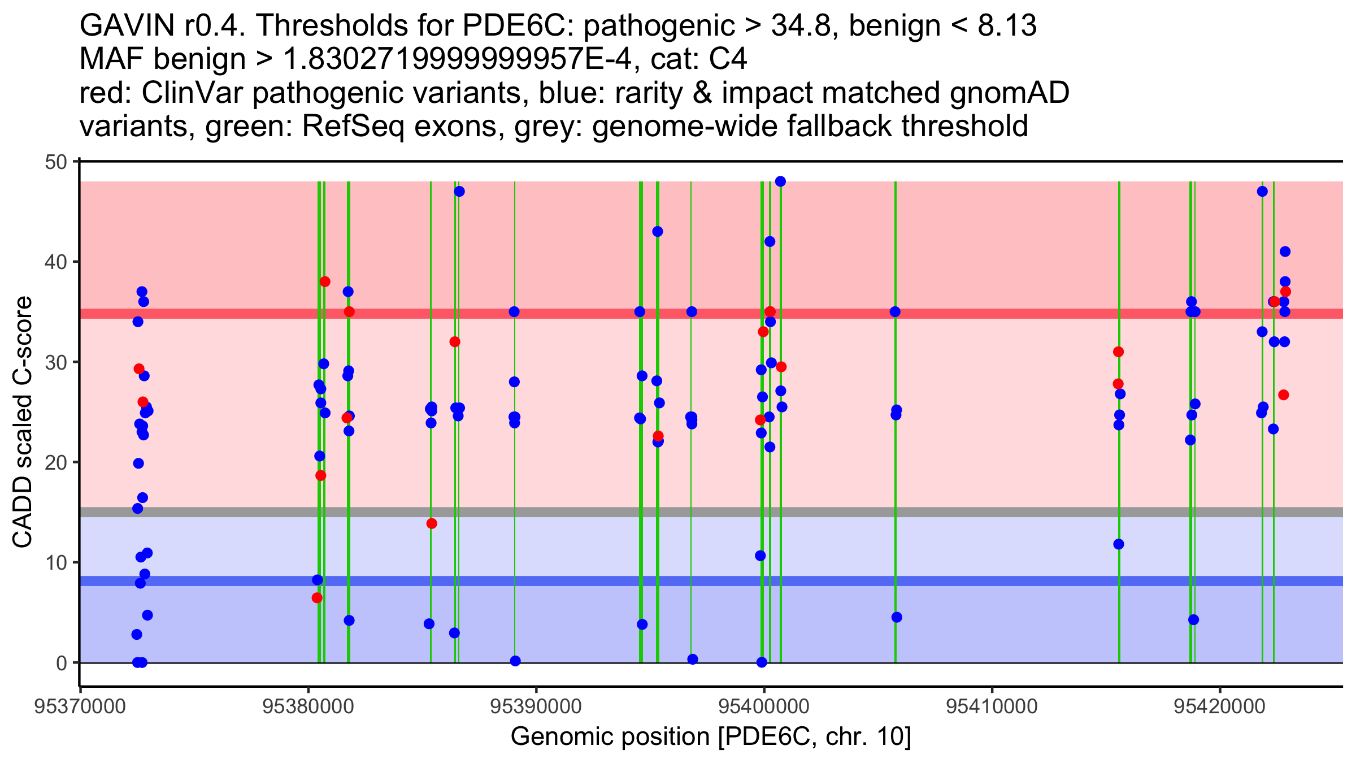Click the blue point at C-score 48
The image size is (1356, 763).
[780, 181]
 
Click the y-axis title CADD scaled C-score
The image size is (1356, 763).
[23, 422]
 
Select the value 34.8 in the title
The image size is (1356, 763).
[803, 25]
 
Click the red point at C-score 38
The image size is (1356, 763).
[325, 281]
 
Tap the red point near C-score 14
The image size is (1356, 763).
[432, 523]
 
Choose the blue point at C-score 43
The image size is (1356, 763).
[657, 232]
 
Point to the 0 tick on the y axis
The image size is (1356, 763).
[61, 663]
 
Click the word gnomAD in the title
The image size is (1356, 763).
[1009, 93]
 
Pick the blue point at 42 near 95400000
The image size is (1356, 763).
[770, 241]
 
